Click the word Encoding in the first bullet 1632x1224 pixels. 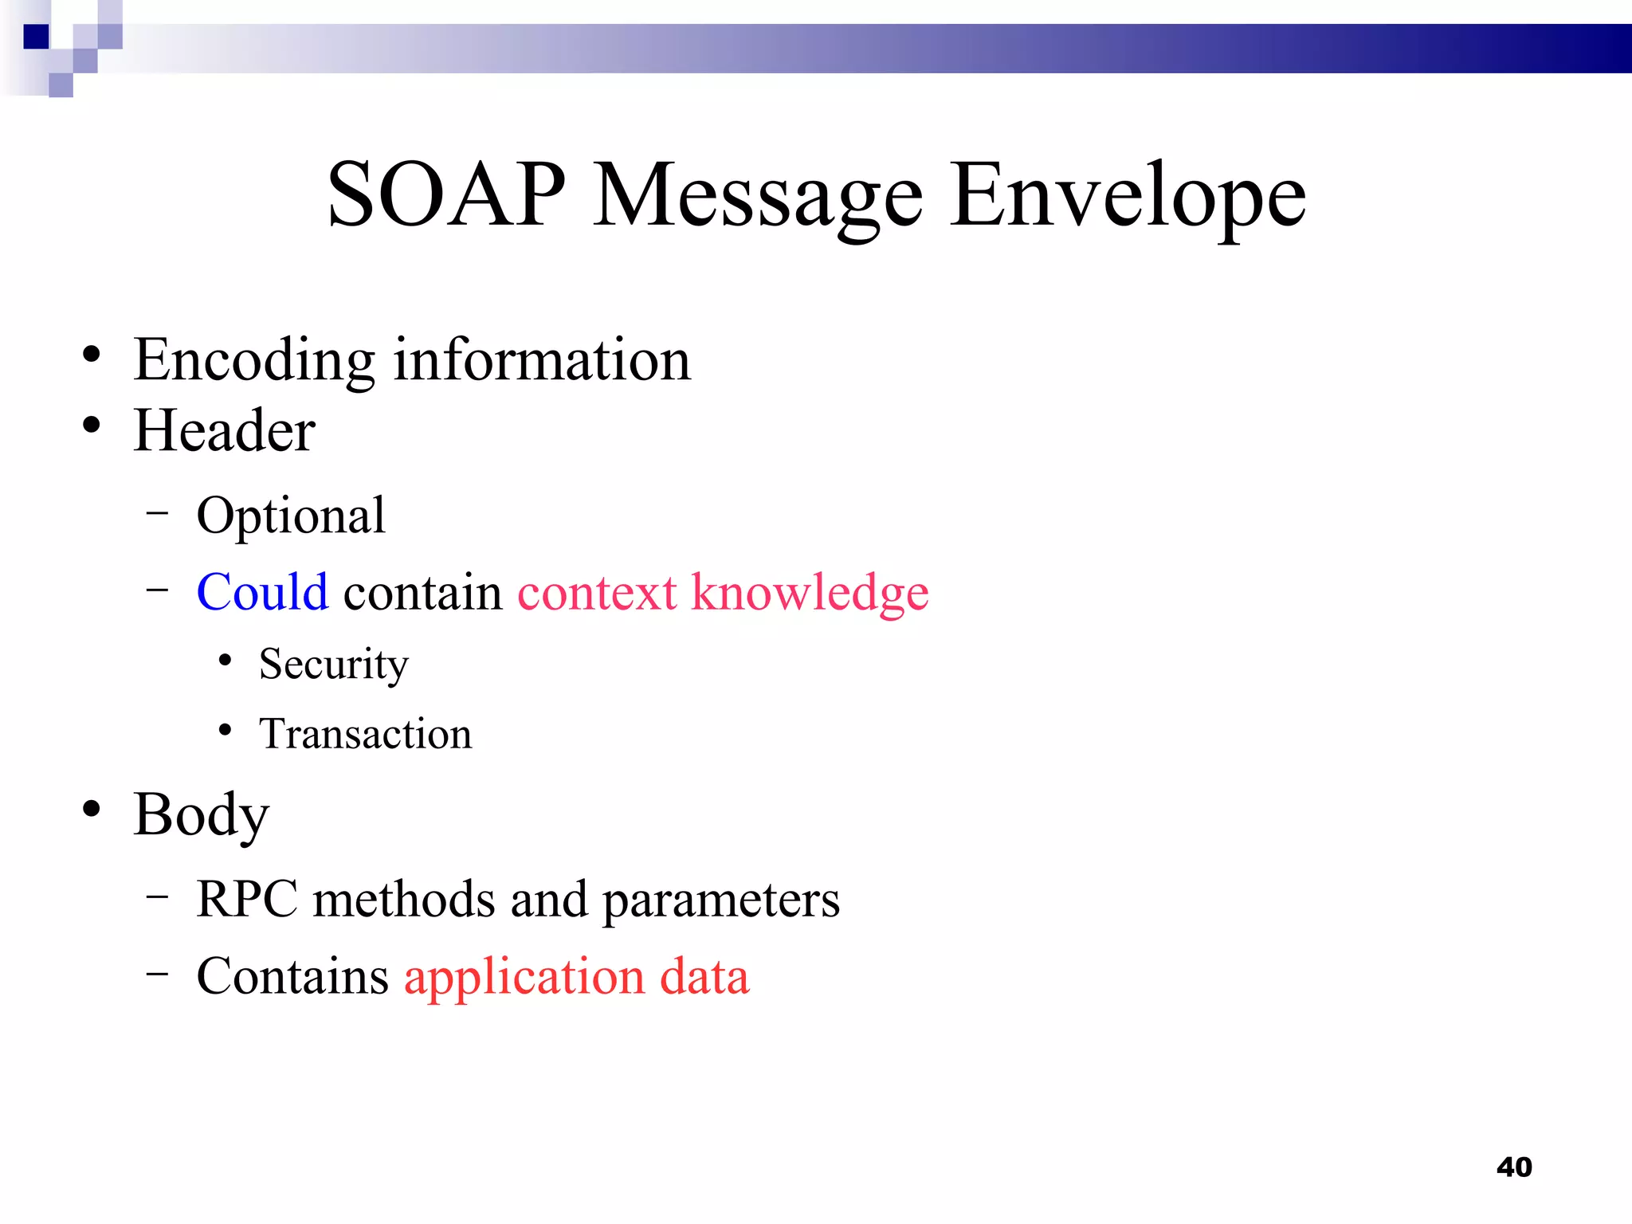253,361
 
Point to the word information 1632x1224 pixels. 542,359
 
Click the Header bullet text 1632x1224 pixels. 224,430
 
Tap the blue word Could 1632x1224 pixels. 262,592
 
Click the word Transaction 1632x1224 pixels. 365,734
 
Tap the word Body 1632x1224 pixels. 201,815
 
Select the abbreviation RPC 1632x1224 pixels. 246,899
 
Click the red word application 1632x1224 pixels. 524,978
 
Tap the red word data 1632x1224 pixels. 704,976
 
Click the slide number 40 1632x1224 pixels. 1513,1167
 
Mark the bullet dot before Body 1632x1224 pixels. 92,808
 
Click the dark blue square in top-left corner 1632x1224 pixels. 36,37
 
